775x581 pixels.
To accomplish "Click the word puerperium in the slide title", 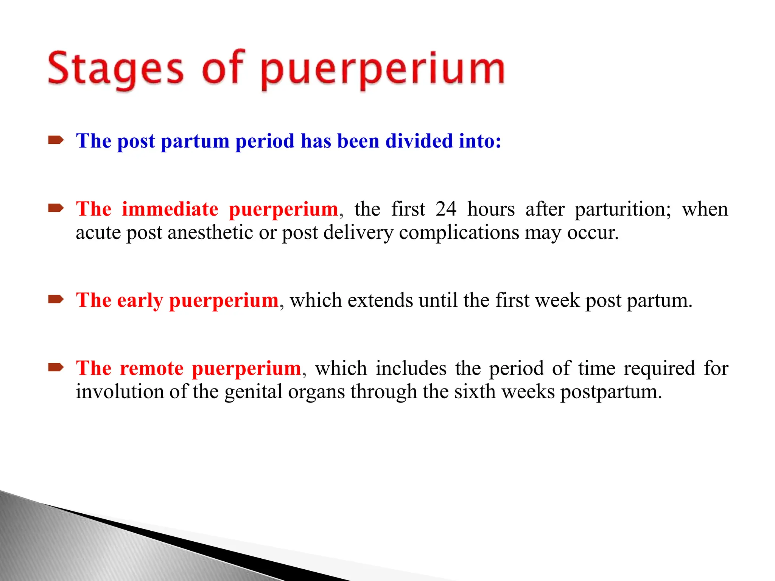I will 382,70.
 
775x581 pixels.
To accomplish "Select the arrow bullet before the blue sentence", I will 56,141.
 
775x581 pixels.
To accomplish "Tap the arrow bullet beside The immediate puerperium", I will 56,208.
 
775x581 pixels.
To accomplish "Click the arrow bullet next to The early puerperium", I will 56,300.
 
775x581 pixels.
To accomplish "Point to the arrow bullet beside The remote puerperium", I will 56,367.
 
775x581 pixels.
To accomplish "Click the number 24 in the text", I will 446,209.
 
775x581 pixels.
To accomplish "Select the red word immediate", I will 170,209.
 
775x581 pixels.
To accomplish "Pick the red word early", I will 140,301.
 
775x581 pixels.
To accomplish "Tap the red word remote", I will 151,368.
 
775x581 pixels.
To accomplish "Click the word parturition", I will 622,210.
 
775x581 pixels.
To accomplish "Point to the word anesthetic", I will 210,232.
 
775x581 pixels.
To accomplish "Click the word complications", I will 459,232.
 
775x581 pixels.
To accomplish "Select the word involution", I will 119,391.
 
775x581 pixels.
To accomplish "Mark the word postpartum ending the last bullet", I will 611,392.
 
